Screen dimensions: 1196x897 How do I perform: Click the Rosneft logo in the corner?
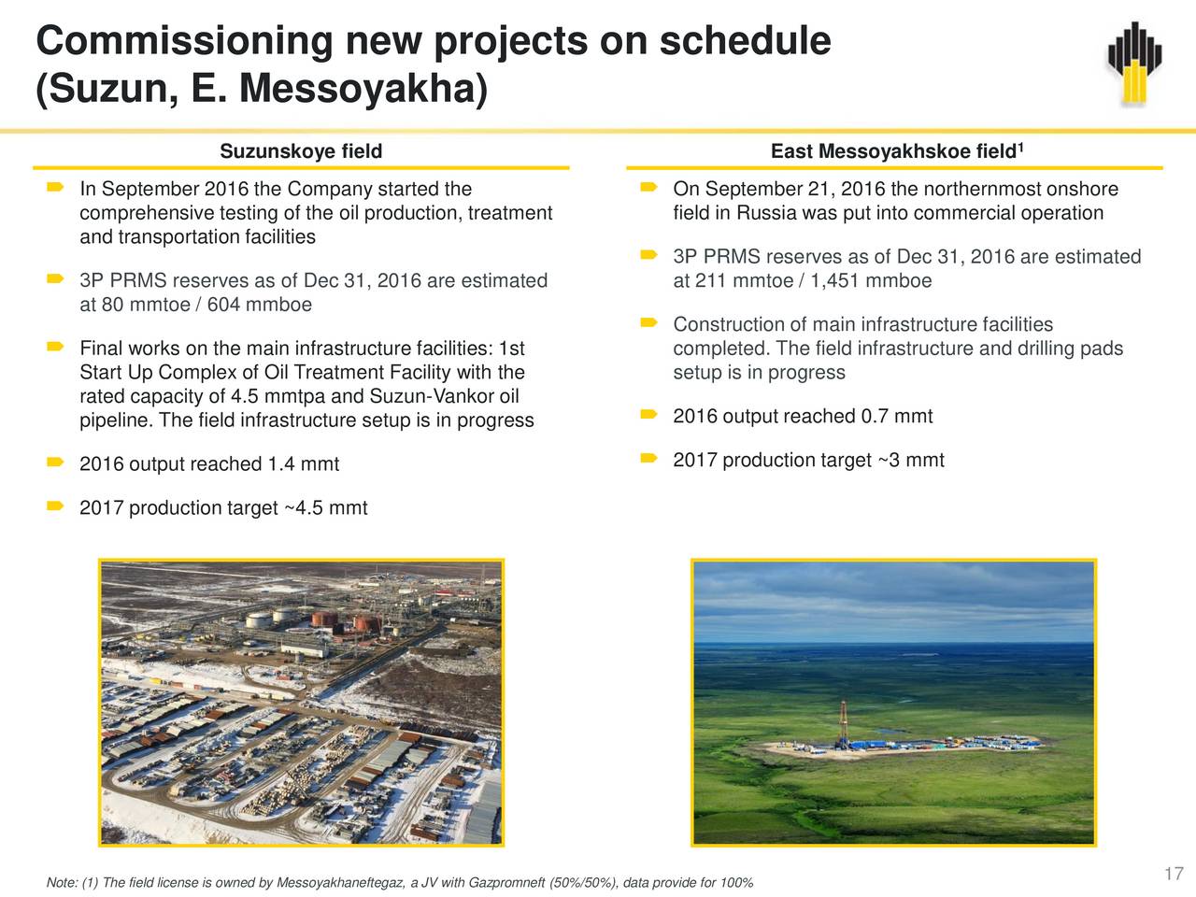pos(1134,62)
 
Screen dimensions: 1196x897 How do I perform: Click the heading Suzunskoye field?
pos(301,150)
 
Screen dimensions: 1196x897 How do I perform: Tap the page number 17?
pos(1174,873)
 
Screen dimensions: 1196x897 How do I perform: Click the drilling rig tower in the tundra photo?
pos(843,724)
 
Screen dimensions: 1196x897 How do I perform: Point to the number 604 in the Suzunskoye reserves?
pos(223,305)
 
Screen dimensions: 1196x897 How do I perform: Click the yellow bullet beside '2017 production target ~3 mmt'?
pos(648,458)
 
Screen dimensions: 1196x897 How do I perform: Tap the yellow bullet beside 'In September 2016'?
pos(55,188)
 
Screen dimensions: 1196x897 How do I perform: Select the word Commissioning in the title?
pos(184,41)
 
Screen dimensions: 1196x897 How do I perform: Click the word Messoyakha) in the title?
pos(363,88)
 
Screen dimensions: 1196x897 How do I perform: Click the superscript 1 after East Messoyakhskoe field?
pos(1020,146)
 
